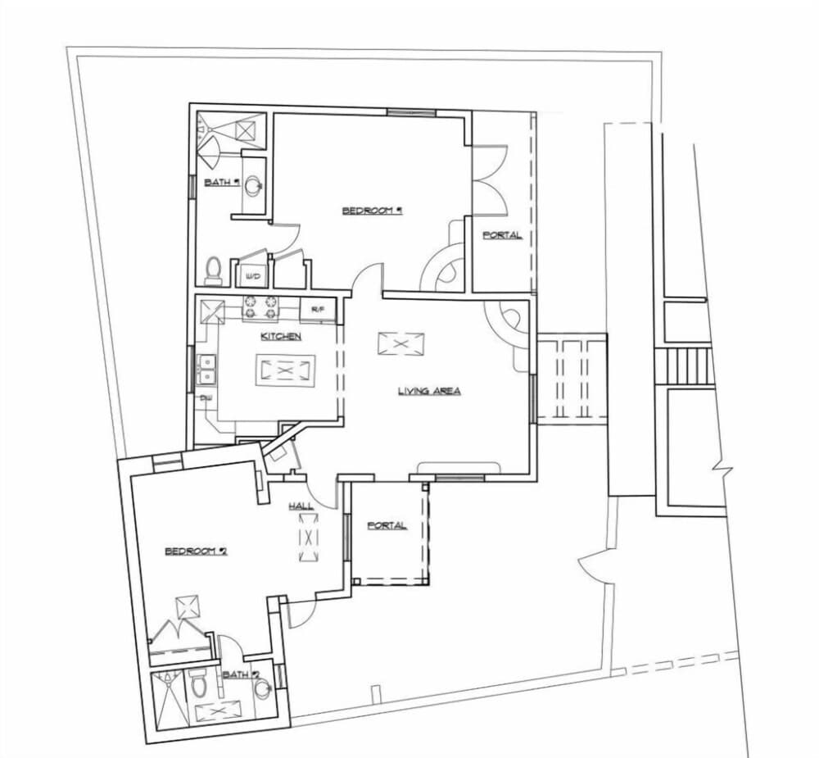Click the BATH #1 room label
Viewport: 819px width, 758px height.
pos(221,183)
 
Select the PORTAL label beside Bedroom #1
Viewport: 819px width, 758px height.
pos(501,235)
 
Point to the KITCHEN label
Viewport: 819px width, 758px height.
pos(281,337)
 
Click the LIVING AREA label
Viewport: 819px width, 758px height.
pos(429,391)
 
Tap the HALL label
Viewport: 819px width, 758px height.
pos(301,506)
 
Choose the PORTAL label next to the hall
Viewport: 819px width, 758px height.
pos(387,525)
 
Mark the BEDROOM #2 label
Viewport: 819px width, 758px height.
pos(196,551)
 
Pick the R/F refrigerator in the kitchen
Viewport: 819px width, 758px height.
pos(318,310)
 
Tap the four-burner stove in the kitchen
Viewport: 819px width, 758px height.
pos(260,308)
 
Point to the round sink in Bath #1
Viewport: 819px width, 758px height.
pos(255,184)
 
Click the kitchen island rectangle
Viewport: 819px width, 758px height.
pos(284,370)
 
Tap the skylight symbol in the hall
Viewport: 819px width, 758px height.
pos(308,538)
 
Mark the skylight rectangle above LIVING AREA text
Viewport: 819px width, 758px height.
pos(401,343)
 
